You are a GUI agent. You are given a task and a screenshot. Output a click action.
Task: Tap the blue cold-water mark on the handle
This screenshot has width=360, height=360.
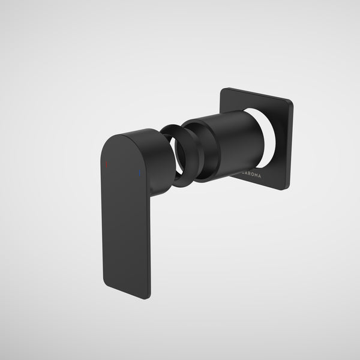pos(139,176)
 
